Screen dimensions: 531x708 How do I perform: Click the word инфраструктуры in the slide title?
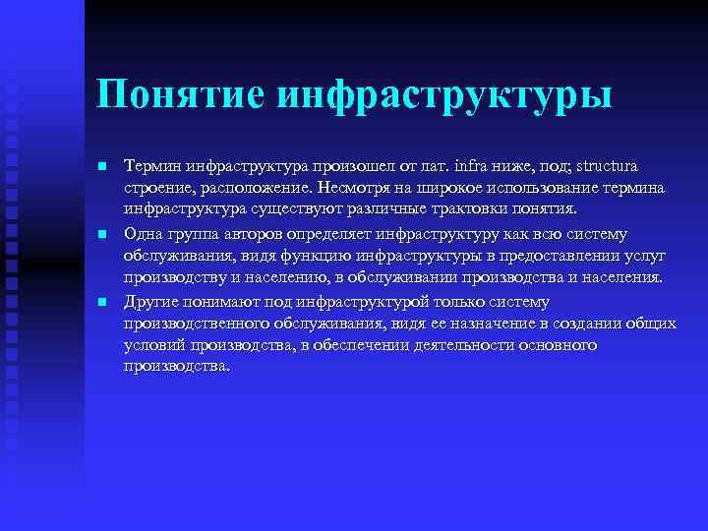coord(444,95)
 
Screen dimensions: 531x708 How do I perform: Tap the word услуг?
coord(645,256)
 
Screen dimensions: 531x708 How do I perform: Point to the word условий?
coord(158,346)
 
